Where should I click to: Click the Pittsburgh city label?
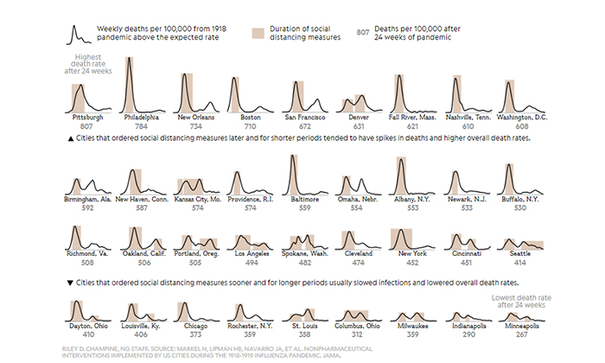tap(89, 116)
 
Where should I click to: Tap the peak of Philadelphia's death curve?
tap(129, 59)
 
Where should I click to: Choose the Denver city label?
tap(360, 116)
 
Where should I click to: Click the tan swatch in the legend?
tap(258, 34)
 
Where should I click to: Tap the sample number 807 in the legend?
tap(364, 34)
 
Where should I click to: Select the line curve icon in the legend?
tap(79, 34)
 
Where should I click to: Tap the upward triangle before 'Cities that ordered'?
tap(70, 138)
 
